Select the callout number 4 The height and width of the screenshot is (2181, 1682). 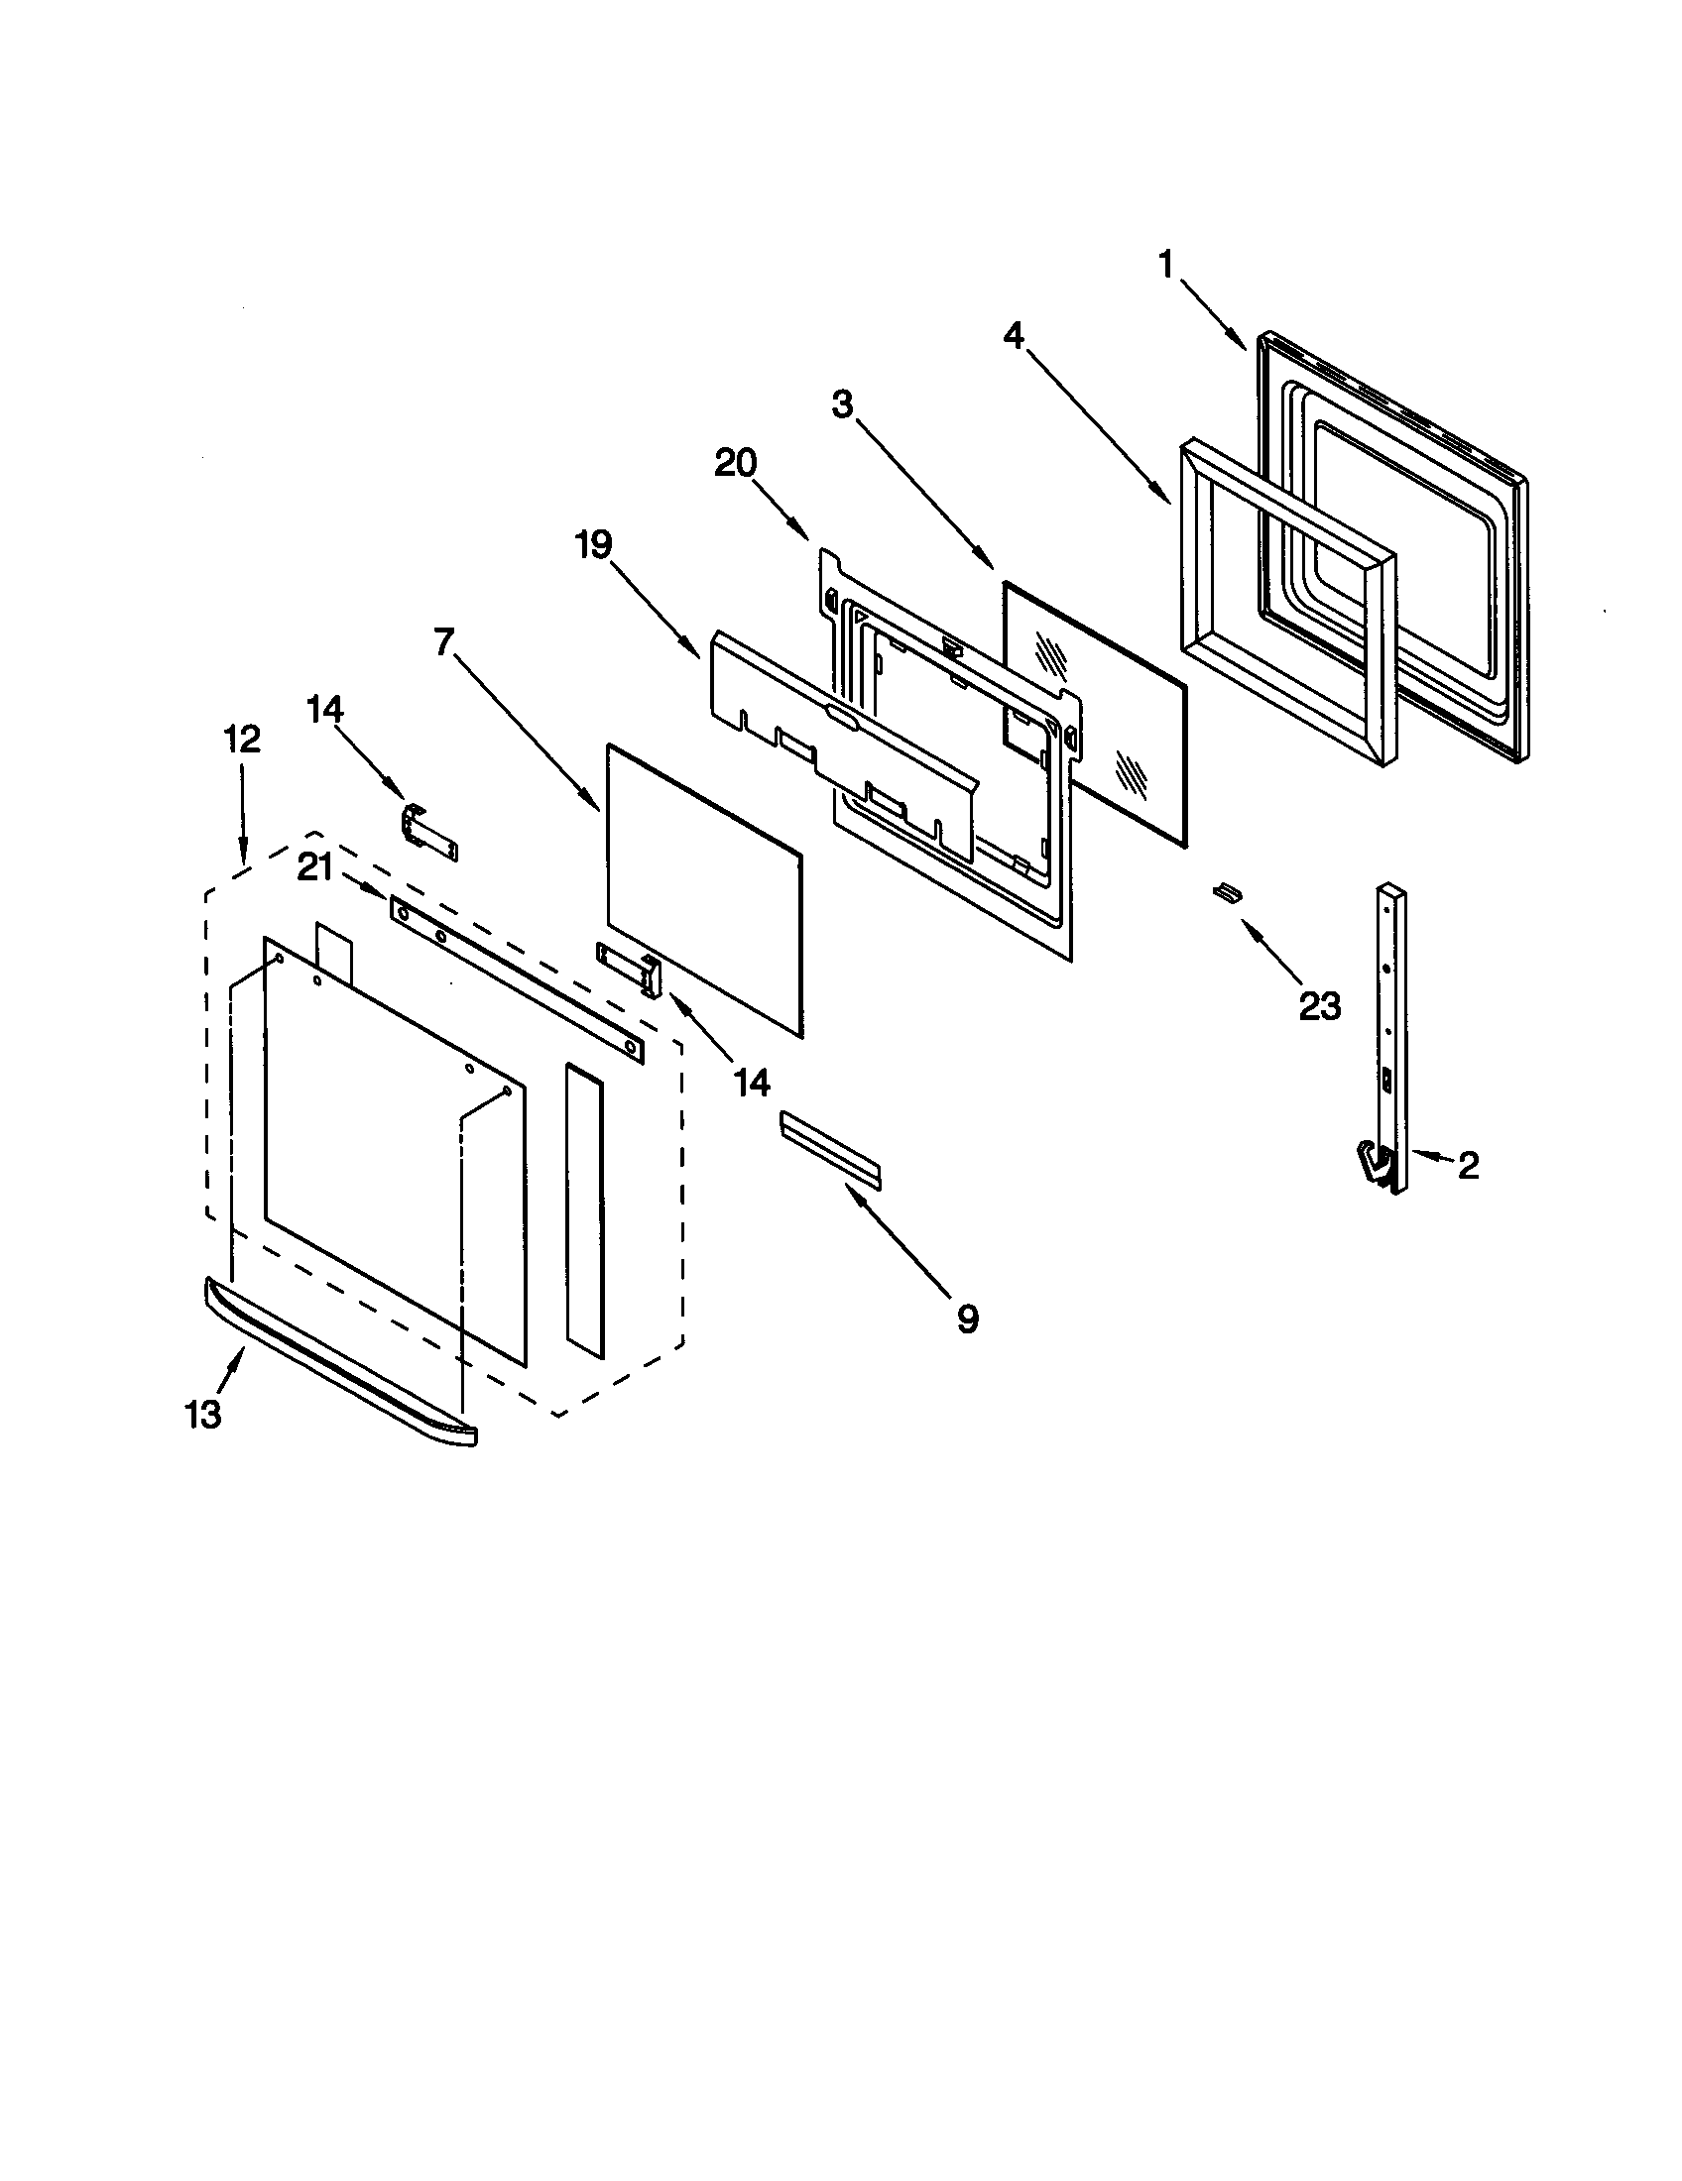[1014, 336]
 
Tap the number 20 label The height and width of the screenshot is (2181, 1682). [735, 463]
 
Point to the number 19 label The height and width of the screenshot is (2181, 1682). [593, 545]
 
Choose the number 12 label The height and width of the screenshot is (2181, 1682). [241, 739]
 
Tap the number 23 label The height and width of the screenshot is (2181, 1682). [1318, 1006]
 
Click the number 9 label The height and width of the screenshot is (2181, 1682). [967, 1319]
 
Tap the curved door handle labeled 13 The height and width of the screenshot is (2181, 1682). [339, 1361]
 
